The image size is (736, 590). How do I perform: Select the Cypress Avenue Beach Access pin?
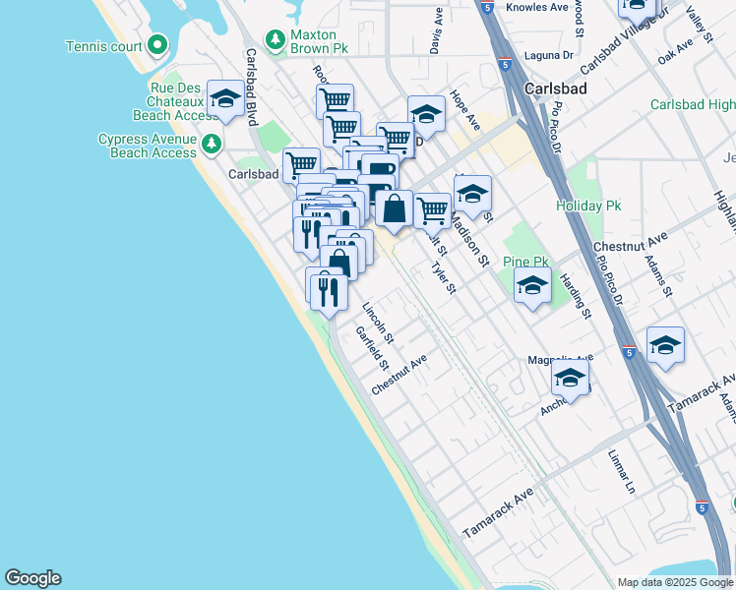[211, 146]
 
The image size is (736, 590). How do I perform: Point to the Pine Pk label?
[524, 262]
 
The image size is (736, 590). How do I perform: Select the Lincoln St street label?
[378, 322]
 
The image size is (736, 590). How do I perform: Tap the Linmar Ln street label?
[622, 473]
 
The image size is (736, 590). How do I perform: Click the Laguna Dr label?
[549, 56]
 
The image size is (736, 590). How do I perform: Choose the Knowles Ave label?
[536, 7]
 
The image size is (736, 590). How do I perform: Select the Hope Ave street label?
[465, 110]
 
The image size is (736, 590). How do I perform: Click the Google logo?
[32, 578]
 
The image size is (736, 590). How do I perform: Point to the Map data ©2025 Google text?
[674, 582]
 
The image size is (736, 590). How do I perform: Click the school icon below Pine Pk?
[532, 286]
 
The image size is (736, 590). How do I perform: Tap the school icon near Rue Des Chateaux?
[225, 98]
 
